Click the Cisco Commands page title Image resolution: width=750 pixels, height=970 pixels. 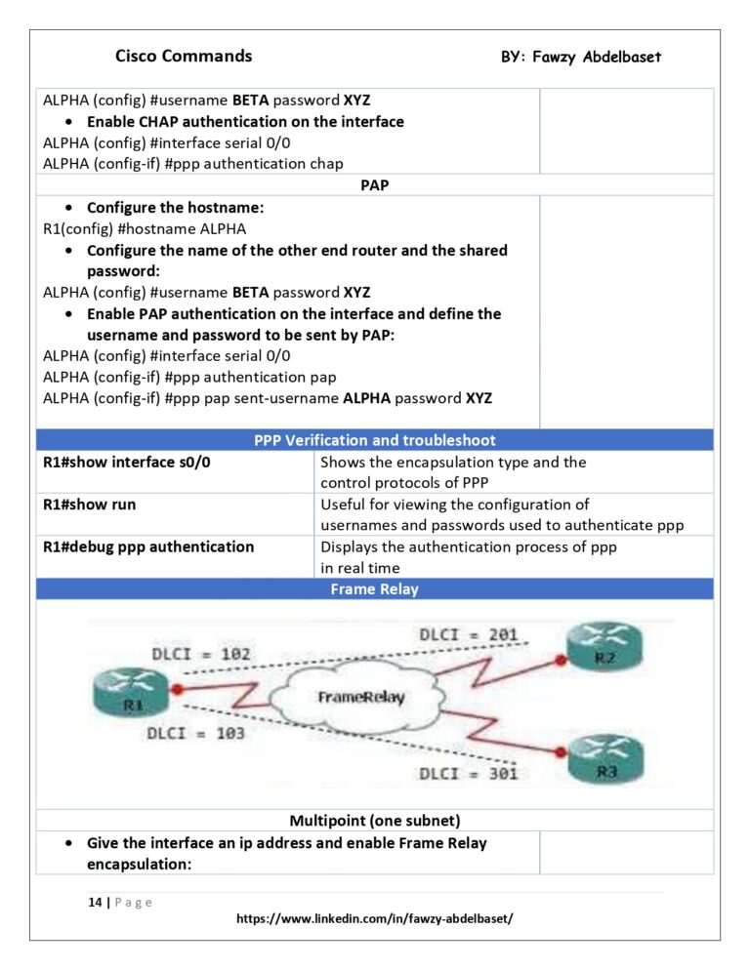184,56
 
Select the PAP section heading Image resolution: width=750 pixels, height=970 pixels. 375,184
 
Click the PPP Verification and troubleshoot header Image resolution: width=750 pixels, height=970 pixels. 375,440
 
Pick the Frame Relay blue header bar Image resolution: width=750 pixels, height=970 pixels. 375,589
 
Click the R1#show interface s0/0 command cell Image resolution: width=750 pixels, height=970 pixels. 127,463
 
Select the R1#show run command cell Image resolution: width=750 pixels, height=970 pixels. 90,505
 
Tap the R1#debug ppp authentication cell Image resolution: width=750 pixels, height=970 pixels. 148,546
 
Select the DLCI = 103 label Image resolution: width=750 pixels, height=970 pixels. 195,732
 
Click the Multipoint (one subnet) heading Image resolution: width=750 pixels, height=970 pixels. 375,820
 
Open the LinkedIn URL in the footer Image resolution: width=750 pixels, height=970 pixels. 375,919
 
